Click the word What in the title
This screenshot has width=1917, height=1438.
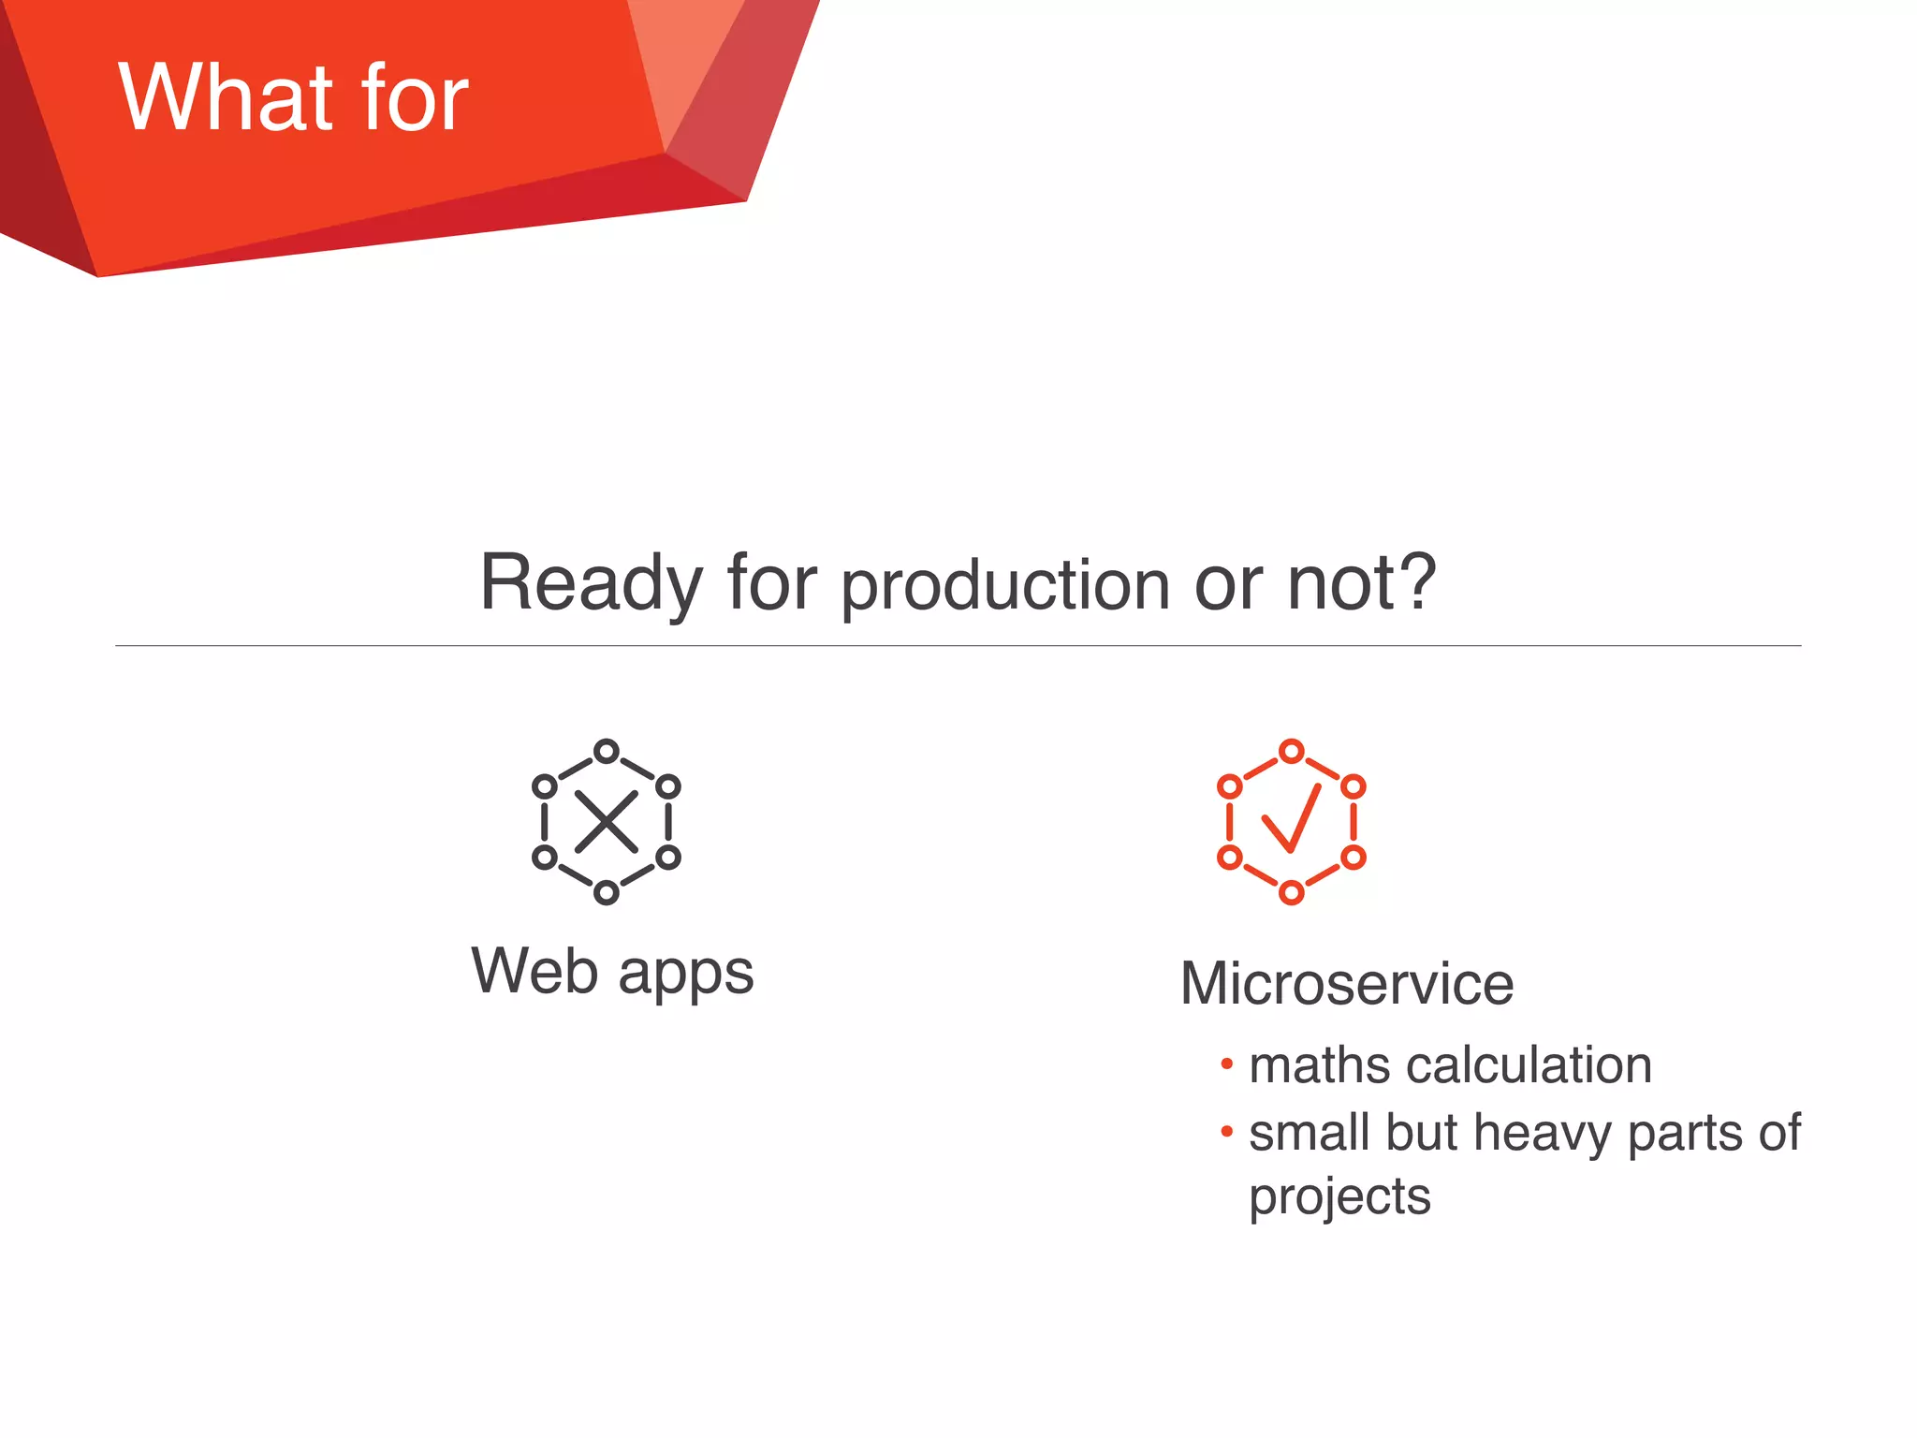click(x=225, y=97)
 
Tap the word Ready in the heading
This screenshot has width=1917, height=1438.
click(x=590, y=582)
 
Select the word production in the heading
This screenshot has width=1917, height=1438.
click(x=1005, y=586)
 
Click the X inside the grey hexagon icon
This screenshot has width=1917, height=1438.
click(x=607, y=822)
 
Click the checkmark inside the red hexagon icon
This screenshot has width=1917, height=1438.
click(x=1292, y=818)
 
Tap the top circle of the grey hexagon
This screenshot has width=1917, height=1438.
click(x=607, y=751)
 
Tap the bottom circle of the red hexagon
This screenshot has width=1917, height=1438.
click(x=1292, y=892)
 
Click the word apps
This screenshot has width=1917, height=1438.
click(x=685, y=974)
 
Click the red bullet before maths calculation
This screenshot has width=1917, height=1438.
click(x=1227, y=1064)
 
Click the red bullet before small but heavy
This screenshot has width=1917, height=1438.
click(x=1227, y=1131)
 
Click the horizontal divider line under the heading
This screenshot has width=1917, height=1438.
click(x=958, y=645)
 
